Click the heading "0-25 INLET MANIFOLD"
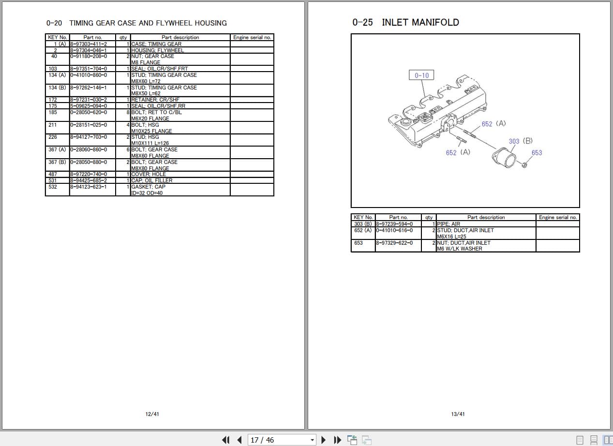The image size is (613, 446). [405, 22]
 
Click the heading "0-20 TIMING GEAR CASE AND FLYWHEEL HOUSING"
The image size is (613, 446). [136, 23]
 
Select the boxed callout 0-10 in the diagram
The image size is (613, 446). [421, 75]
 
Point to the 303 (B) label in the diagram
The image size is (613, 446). [520, 141]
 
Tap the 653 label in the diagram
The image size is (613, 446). [537, 153]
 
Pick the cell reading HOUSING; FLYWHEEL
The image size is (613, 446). [158, 50]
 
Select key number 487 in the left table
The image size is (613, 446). [53, 174]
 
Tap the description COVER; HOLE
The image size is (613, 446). [149, 174]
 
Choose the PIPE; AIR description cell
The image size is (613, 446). [449, 224]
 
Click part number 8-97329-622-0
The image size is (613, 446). [395, 243]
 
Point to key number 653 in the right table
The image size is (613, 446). [359, 243]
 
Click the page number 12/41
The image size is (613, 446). [152, 414]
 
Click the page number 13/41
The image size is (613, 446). [458, 414]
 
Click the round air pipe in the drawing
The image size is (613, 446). [504, 159]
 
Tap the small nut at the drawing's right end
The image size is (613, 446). [524, 166]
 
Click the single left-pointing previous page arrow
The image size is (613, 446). [239, 440]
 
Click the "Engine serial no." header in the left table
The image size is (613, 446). [252, 37]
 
